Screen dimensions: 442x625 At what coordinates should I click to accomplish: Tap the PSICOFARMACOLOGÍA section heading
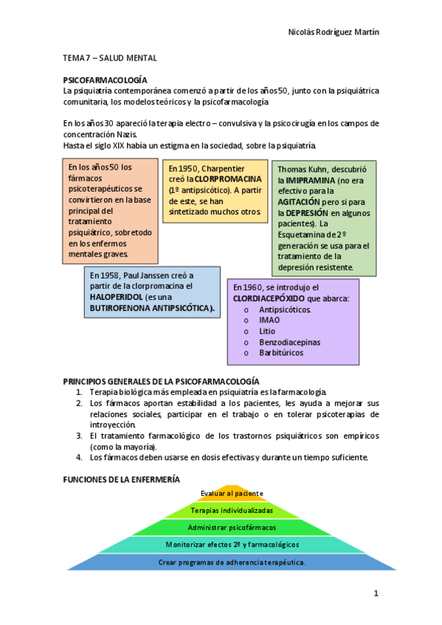(106, 79)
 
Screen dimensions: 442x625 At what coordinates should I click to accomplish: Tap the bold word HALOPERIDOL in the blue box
(117, 297)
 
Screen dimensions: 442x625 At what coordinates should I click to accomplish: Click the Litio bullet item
(267, 332)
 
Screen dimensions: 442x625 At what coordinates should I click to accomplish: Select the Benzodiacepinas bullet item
(289, 343)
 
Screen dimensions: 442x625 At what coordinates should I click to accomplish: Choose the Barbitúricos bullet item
(280, 354)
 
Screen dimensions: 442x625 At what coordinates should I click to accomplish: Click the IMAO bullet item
(269, 321)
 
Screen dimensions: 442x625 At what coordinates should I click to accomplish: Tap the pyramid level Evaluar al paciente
(232, 493)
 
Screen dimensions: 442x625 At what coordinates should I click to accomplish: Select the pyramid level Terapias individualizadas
(232, 510)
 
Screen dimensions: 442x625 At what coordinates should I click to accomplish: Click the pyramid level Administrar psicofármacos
(232, 528)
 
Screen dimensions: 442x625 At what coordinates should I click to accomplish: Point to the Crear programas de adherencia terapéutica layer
(232, 562)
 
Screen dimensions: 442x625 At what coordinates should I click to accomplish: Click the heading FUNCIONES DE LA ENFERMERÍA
(121, 479)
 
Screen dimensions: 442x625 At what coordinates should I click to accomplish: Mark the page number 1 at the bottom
(376, 593)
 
